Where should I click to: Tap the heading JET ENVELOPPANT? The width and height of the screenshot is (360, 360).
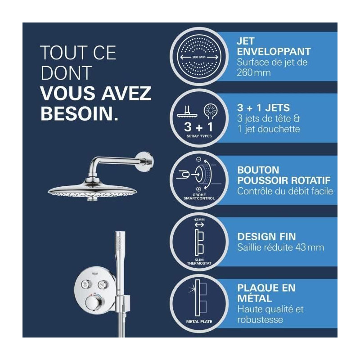tap(274, 46)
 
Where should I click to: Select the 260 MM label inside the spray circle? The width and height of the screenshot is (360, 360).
tap(199, 57)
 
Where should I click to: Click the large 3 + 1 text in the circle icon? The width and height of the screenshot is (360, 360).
tap(199, 127)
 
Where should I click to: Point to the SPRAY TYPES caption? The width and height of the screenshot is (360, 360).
tap(199, 136)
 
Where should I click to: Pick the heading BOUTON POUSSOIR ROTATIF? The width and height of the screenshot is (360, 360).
tap(284, 175)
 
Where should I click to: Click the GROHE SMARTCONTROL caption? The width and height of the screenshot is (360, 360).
tap(199, 197)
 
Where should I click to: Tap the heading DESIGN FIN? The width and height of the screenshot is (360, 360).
tap(266, 237)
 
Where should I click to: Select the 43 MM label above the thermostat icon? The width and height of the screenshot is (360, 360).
tap(199, 220)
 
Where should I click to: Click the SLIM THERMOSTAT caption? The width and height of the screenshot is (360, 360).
tap(199, 261)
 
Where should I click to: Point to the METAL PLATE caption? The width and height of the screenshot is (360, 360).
tap(199, 322)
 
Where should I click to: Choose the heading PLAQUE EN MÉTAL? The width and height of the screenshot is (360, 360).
tap(266, 293)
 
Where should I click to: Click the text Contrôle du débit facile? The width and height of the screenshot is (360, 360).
tap(285, 191)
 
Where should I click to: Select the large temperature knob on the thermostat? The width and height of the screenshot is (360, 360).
tap(94, 302)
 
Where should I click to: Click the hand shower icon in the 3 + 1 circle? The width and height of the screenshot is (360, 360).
tap(210, 112)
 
